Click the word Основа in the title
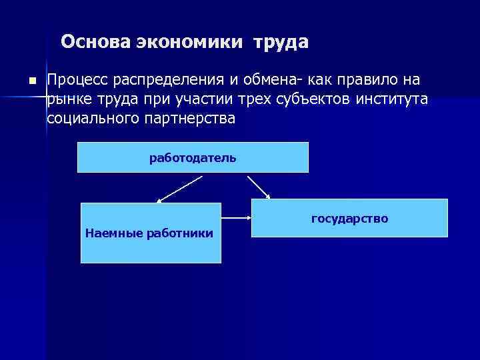click(x=95, y=43)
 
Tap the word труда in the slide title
click(x=281, y=43)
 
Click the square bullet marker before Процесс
click(x=30, y=81)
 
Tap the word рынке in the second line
click(x=67, y=100)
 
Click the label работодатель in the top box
click(x=193, y=158)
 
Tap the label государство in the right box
click(x=349, y=219)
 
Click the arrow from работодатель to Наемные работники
click(x=179, y=189)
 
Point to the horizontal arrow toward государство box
click(x=236, y=217)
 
